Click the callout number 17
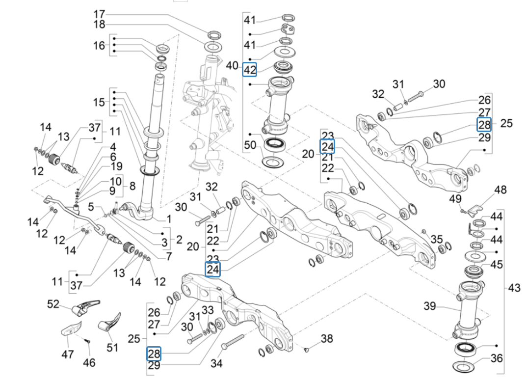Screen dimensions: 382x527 tap(99, 13)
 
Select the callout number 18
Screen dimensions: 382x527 tap(99, 25)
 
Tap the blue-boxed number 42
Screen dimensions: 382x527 tap(250, 70)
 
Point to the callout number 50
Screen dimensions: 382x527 tap(250, 145)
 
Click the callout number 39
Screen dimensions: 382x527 tap(430, 306)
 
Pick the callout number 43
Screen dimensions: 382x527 tap(514, 288)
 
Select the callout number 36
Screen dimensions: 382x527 tap(497, 358)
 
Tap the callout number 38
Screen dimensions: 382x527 tap(327, 338)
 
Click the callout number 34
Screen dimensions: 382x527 tap(216, 363)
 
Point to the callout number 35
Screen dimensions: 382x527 tap(436, 239)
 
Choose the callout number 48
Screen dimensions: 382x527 tap(500, 190)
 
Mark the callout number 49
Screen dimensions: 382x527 tap(456, 198)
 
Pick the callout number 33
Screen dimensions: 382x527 tap(208, 310)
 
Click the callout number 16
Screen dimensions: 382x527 tap(99, 46)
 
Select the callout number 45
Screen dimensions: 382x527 tap(497, 265)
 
